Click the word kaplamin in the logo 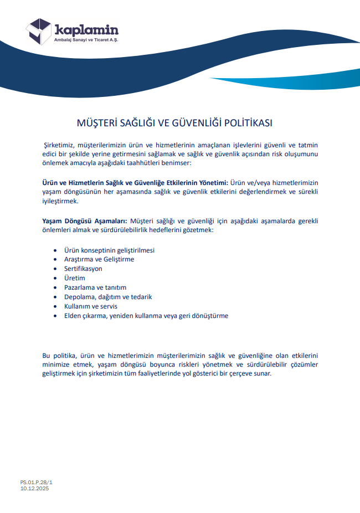(x=86, y=30)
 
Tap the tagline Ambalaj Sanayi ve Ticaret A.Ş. (x=86, y=40)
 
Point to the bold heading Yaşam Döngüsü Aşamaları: (x=85, y=221)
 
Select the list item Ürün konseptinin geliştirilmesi (x=109, y=250)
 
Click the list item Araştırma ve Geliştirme (x=99, y=259)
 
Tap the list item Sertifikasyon (x=83, y=269)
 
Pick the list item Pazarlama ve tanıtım (x=95, y=288)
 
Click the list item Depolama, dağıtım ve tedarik (x=108, y=297)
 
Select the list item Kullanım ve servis (x=91, y=306)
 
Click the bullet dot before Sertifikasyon (x=55, y=269)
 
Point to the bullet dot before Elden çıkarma (x=55, y=316)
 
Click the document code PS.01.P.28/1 (x=37, y=483)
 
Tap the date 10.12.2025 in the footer (x=35, y=489)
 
